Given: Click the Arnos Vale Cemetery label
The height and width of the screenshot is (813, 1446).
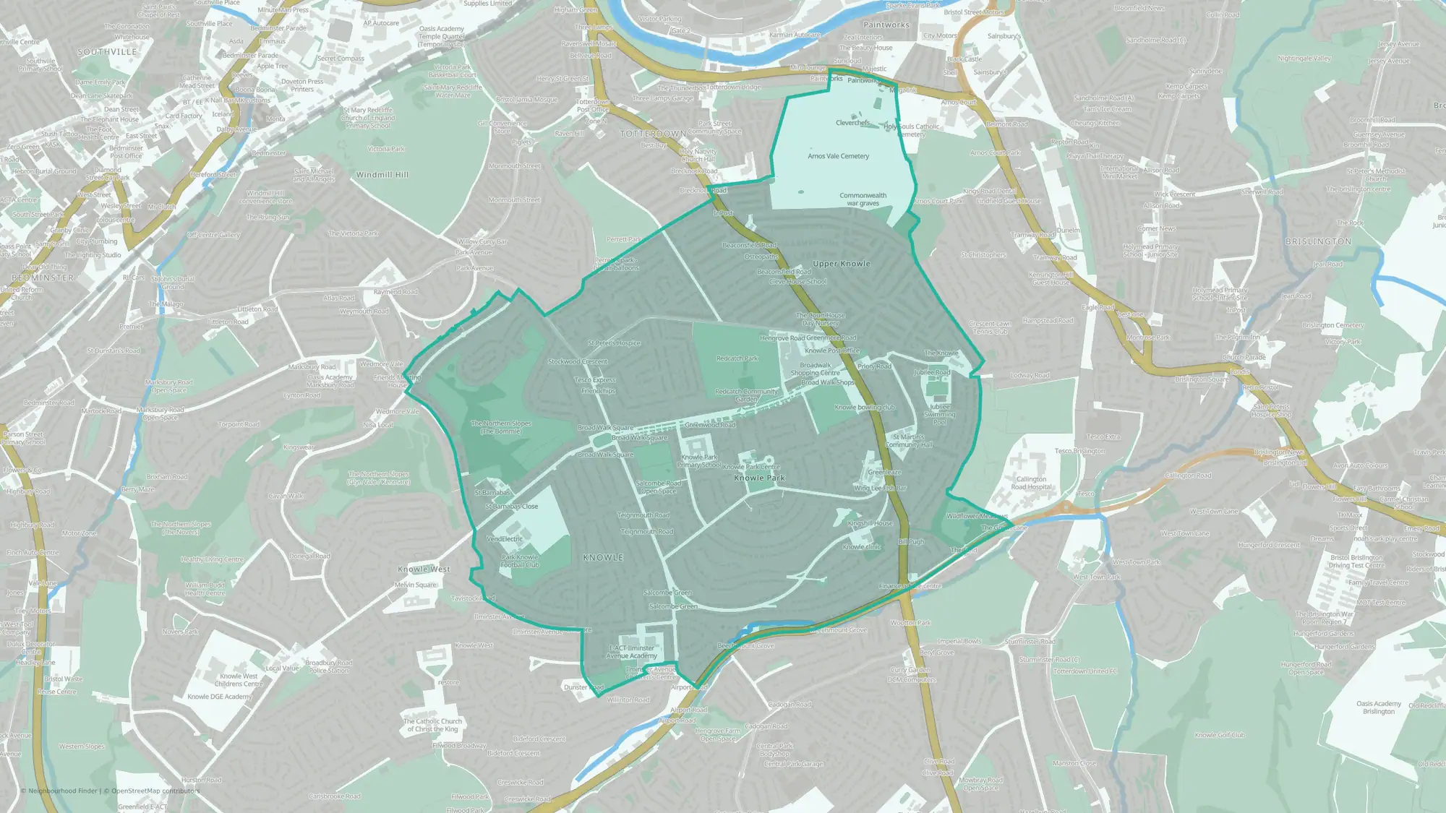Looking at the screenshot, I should pos(838,156).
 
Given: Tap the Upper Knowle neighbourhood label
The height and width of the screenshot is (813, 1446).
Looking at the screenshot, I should pos(841,264).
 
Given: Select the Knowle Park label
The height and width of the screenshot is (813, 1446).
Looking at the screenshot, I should pos(759,478).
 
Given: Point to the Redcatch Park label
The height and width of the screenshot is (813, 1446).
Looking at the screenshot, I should pos(737,358).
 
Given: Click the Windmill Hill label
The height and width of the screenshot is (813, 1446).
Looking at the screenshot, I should pos(382,175).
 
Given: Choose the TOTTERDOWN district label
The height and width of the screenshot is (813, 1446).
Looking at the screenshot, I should pos(653,134).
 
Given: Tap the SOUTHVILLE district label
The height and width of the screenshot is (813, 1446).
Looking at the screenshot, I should pos(107,52).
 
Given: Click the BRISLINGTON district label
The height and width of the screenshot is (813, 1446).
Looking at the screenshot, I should pos(1318,241).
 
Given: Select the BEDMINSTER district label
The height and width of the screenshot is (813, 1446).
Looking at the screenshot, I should pos(43,278).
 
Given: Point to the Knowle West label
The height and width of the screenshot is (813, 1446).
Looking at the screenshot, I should pos(424,569).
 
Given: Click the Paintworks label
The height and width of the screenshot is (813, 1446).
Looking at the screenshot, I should pos(886,25).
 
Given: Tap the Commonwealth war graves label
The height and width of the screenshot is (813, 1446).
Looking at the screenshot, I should pos(863,199).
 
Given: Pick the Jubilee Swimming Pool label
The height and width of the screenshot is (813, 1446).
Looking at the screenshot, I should pos(939,414).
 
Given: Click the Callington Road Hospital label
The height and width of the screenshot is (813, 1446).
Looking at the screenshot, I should pos(1031,483).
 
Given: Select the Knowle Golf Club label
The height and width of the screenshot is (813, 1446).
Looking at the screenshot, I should pos(1220,735).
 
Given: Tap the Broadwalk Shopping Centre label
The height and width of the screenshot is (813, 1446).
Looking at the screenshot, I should pos(815,369).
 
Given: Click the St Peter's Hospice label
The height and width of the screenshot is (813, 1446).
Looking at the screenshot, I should pos(614,343).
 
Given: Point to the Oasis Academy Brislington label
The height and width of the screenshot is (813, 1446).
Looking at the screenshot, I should pos(1378,707).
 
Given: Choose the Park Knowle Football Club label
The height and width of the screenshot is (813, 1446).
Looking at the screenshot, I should pos(520,561).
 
